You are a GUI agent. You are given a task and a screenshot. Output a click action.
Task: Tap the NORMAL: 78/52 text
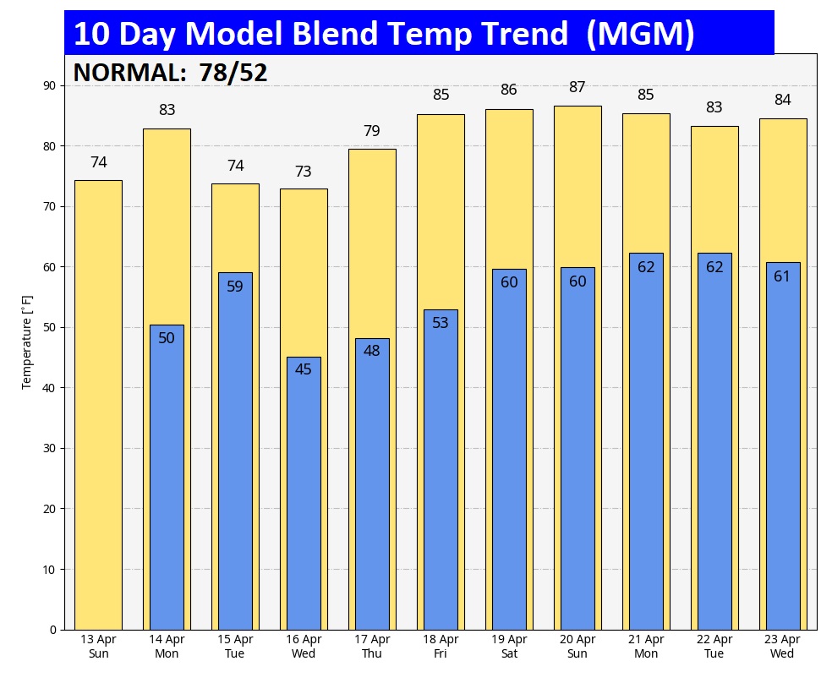click(170, 73)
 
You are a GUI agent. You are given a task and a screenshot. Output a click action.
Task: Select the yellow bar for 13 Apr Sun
click(98, 406)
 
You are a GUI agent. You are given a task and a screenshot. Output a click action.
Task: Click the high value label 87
click(577, 87)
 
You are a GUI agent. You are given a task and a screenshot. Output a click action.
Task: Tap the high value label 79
click(372, 131)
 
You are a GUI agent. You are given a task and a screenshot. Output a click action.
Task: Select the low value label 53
click(441, 322)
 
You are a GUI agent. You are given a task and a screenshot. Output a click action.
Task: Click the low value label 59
click(235, 286)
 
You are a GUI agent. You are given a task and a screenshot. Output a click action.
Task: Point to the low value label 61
click(782, 276)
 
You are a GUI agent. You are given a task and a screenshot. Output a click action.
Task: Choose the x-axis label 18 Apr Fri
click(441, 647)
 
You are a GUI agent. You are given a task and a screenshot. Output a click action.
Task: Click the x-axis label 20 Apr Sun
click(577, 647)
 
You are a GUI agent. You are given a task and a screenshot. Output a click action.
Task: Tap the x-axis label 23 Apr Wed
click(782, 647)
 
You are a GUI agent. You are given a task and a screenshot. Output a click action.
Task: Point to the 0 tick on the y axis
click(52, 630)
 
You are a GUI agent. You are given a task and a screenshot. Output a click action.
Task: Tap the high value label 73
click(304, 172)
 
